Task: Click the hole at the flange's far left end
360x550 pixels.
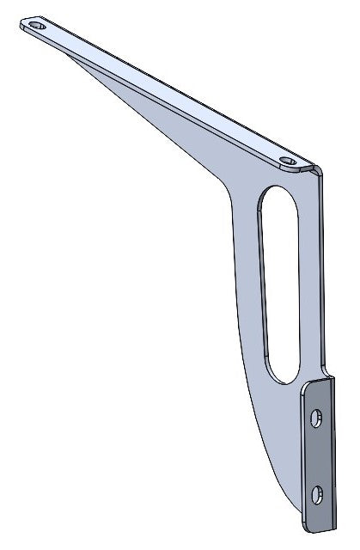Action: tap(36, 26)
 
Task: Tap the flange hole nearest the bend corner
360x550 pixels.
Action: tap(290, 161)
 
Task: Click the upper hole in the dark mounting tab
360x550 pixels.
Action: tap(317, 419)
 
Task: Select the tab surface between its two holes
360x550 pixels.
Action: tap(317, 455)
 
